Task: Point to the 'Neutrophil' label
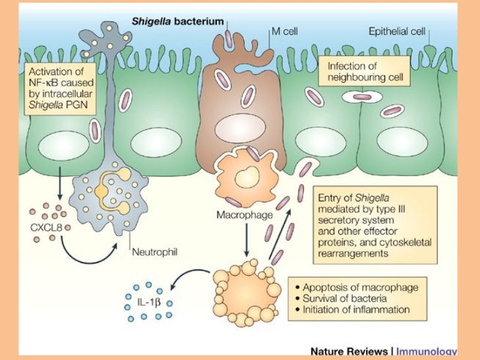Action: click(x=153, y=251)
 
